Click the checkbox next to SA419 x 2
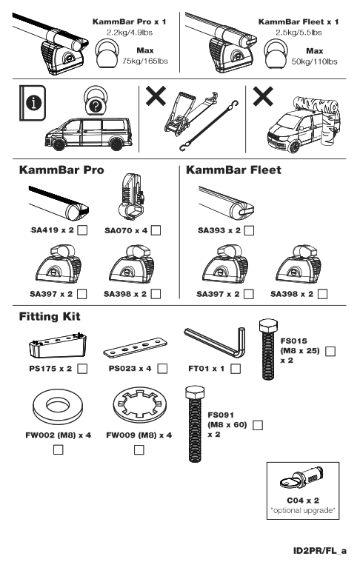pyautogui.click(x=83, y=231)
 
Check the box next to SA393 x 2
pyautogui.click(x=250, y=231)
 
